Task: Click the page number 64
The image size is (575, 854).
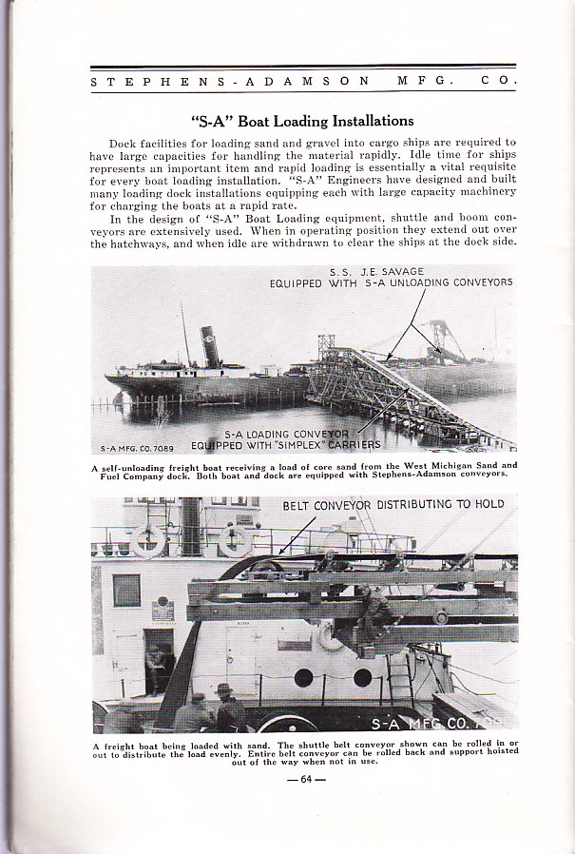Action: pos(306,782)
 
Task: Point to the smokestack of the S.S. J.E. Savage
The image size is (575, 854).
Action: pos(210,348)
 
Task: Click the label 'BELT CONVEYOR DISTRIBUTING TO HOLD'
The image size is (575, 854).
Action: pos(393,504)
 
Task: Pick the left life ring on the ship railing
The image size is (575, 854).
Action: pos(148,540)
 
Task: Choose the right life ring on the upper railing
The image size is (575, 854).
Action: pos(235,540)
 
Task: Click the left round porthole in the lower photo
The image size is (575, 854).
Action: pos(303,677)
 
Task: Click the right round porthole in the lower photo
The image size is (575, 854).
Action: pos(362,677)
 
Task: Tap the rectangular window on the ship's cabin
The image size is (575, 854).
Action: pos(126,591)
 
